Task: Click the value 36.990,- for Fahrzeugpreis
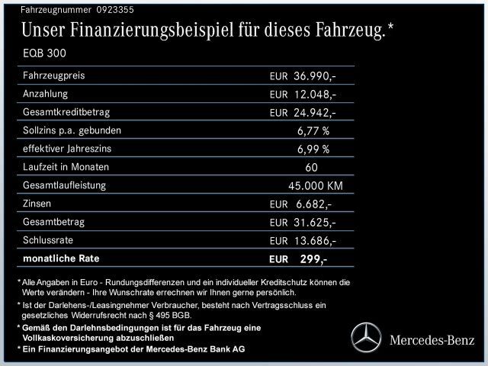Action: (315, 77)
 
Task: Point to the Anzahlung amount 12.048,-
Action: (315, 95)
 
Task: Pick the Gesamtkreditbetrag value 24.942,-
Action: (315, 113)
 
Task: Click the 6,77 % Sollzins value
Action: (313, 131)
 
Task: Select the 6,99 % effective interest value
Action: (313, 149)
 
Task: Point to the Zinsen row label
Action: (39, 204)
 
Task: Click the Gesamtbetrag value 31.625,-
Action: (315, 223)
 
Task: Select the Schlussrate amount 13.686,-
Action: (315, 241)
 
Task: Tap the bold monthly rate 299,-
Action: (313, 259)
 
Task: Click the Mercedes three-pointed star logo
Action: (365, 337)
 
